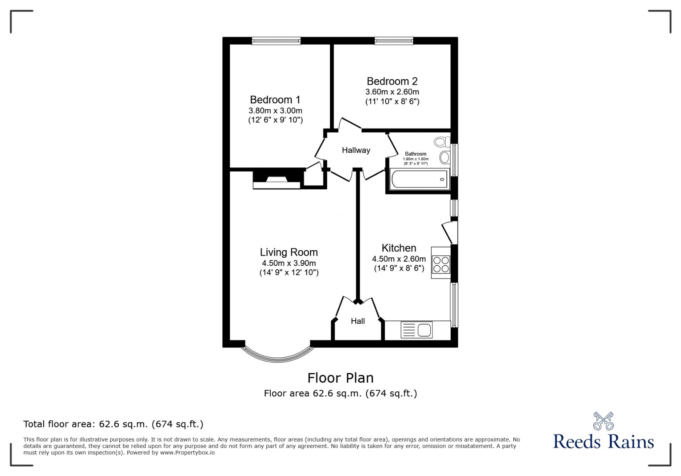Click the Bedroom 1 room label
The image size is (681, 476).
275,100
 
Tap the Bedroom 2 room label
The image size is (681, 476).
392,81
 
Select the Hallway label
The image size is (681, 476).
356,150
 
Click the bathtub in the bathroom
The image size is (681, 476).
419,179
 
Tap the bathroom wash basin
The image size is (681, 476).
444,157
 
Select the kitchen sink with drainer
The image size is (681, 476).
417,330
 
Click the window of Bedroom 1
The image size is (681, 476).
276,41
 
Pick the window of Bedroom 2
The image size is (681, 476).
394,41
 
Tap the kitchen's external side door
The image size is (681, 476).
449,232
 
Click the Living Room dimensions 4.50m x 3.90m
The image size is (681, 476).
289,263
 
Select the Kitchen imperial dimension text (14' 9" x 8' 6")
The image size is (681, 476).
399,268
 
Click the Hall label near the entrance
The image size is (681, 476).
358,321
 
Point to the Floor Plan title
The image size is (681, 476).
340,378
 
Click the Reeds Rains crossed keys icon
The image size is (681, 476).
603,421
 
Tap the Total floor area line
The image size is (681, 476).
113,424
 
